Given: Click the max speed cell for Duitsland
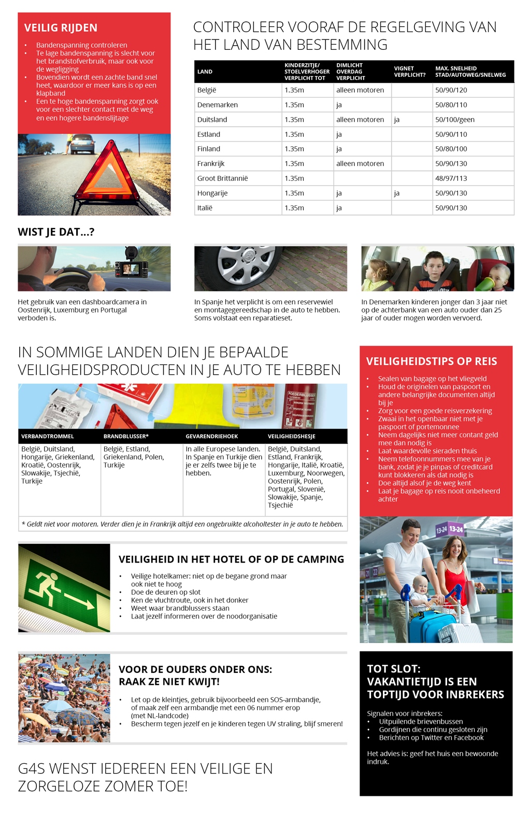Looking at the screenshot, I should (455, 120).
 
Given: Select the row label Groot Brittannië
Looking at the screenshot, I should (222, 178).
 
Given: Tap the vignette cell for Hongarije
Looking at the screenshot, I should (397, 193).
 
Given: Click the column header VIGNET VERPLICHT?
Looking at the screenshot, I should (409, 72).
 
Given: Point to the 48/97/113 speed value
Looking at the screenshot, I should (451, 178).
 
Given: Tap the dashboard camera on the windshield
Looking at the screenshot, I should (132, 265).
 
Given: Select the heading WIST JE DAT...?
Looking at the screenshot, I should (56, 232).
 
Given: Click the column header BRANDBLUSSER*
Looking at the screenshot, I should (126, 437).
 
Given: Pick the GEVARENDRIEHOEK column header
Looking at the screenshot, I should (211, 437).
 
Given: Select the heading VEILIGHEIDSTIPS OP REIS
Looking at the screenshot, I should (432, 361).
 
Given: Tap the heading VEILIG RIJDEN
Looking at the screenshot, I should (61, 28).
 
